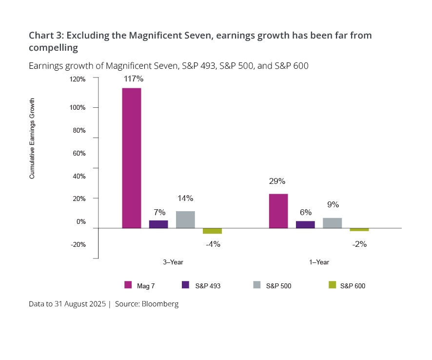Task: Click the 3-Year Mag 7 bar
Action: [132, 158]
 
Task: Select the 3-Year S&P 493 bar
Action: [158, 224]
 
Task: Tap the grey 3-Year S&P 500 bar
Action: [185, 220]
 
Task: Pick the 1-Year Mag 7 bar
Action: [278, 211]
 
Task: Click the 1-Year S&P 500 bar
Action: [332, 223]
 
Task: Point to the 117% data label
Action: [133, 78]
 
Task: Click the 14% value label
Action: [185, 199]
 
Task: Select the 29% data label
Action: [277, 181]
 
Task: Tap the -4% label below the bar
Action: [213, 244]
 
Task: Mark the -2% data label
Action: [359, 244]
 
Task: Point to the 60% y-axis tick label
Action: [79, 153]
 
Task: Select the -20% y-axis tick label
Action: [78, 244]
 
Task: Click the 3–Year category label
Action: [173, 262]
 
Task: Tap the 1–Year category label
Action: [319, 262]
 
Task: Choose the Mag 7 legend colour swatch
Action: [128, 285]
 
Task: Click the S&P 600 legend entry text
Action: [353, 286]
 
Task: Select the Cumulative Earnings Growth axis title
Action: [32, 139]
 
